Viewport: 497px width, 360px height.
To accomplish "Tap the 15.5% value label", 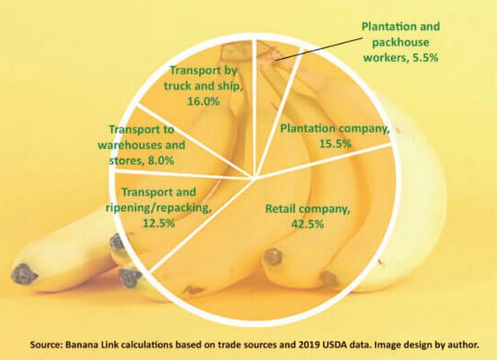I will (x=335, y=144).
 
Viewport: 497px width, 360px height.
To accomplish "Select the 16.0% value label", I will (x=204, y=102).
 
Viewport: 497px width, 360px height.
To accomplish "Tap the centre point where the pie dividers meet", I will (x=253, y=176).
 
